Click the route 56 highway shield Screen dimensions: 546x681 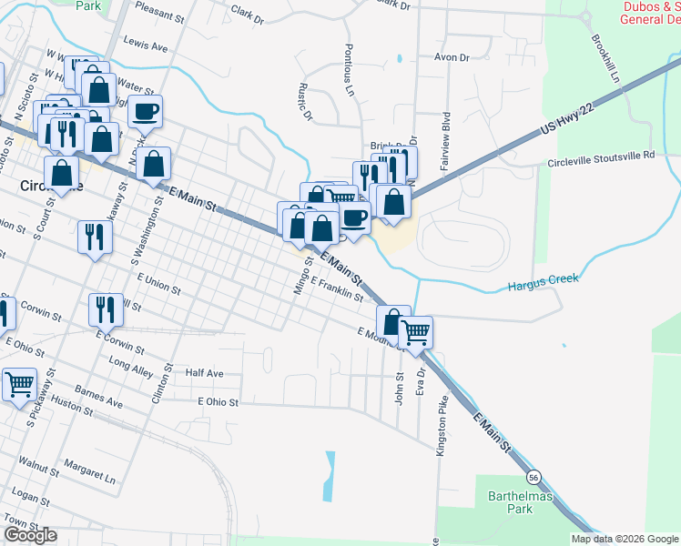tap(534, 477)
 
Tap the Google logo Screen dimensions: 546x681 tap(31, 535)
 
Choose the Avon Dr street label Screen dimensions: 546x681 tap(451, 57)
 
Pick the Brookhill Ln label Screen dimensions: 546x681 tap(605, 60)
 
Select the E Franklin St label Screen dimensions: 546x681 tap(337, 288)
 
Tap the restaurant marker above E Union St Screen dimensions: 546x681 tap(95, 237)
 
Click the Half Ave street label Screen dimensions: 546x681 tap(204, 373)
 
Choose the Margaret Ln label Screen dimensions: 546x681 tap(97, 477)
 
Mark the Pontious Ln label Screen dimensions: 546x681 tap(349, 69)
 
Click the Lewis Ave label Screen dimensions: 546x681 tap(146, 45)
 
